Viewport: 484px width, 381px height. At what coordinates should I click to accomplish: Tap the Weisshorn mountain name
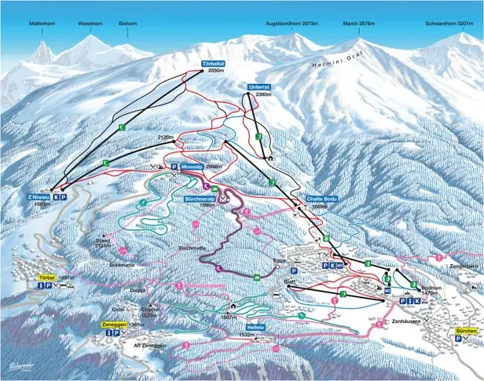tap(90, 24)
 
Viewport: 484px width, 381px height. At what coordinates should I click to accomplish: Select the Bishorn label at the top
tap(127, 24)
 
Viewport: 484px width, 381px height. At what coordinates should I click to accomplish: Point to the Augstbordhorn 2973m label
tap(291, 24)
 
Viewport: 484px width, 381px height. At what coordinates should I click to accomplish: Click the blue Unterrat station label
tap(258, 86)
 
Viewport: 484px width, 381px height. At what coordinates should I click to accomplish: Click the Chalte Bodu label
tap(321, 199)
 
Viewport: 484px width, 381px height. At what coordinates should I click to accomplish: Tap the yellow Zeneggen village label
tap(113, 324)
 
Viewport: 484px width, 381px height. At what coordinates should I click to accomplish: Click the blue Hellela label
tap(255, 327)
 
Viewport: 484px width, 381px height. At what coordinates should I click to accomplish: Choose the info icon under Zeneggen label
tap(107, 334)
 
